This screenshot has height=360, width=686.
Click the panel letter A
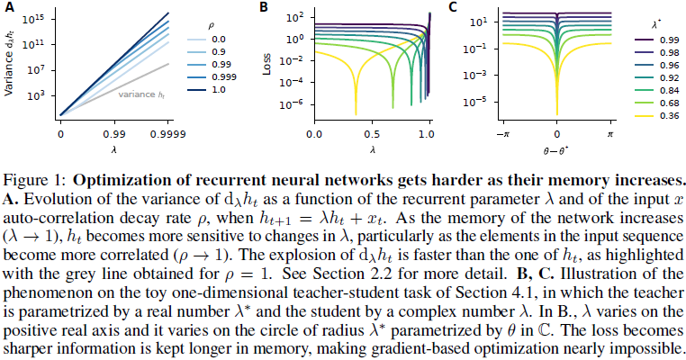(x=8, y=7)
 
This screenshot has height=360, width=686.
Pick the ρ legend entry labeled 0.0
(x=216, y=40)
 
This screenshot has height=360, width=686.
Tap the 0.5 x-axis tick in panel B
(x=372, y=134)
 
